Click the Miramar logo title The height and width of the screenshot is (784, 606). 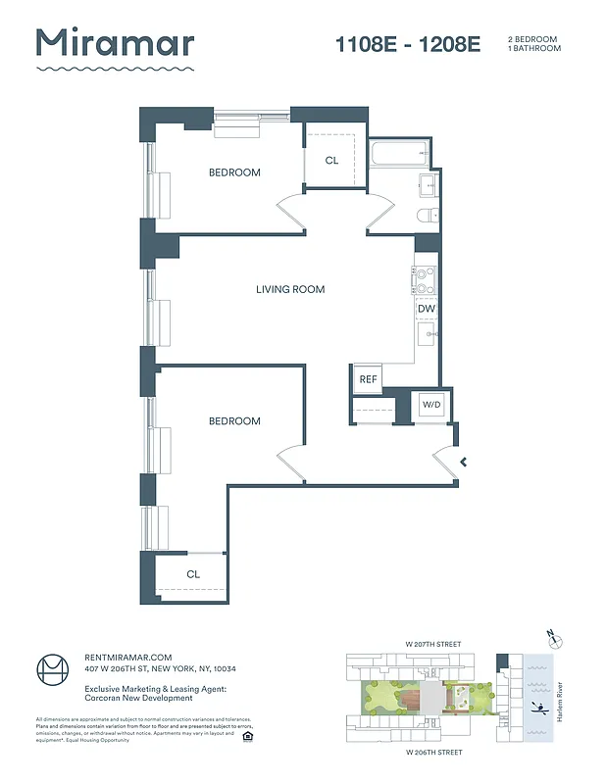115,43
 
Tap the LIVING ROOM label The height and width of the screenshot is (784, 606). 290,289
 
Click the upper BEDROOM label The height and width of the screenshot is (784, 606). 234,172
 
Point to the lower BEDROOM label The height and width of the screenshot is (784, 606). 234,421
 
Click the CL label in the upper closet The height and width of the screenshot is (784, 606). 331,160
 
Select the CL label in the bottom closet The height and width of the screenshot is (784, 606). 193,574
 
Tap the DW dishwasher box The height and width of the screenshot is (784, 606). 426,309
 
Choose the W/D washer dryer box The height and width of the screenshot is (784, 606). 430,405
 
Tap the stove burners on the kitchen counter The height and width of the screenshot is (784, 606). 425,281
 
